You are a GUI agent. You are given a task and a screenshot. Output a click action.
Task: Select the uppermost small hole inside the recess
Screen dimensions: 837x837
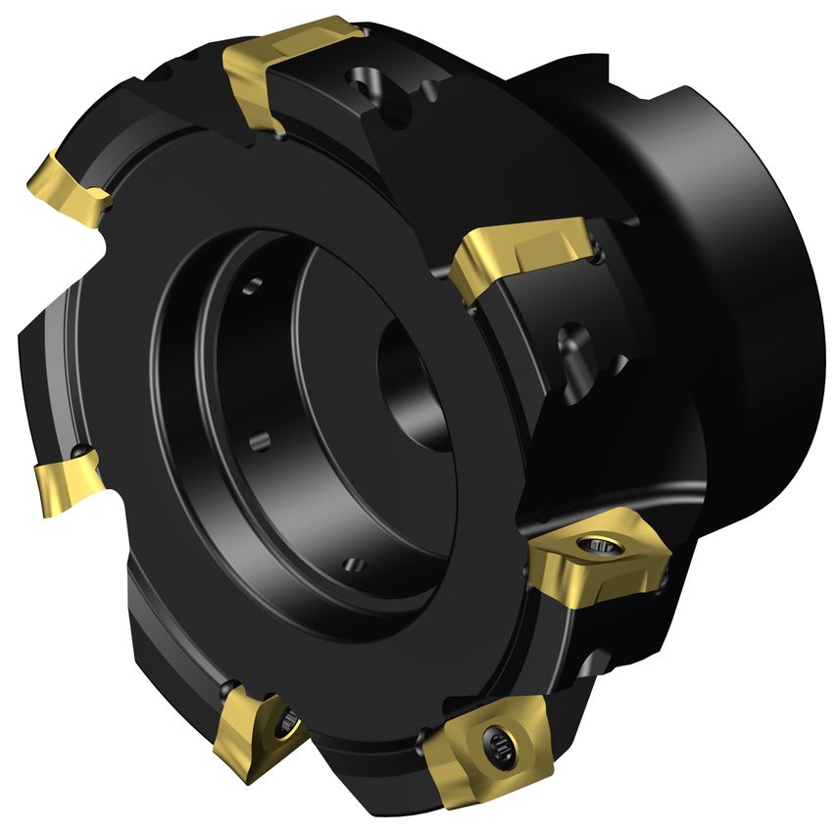(x=254, y=285)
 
